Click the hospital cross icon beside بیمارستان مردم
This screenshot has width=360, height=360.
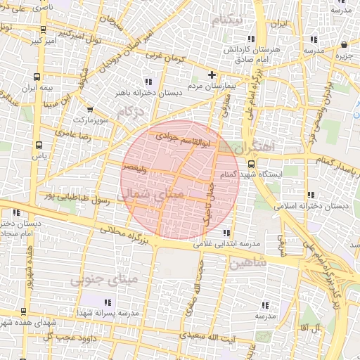pos(212,75)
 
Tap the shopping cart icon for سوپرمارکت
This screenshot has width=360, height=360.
pos(90,110)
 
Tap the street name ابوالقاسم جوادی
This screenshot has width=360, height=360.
pos(178,139)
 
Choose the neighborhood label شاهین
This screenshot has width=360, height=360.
pos(247,264)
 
